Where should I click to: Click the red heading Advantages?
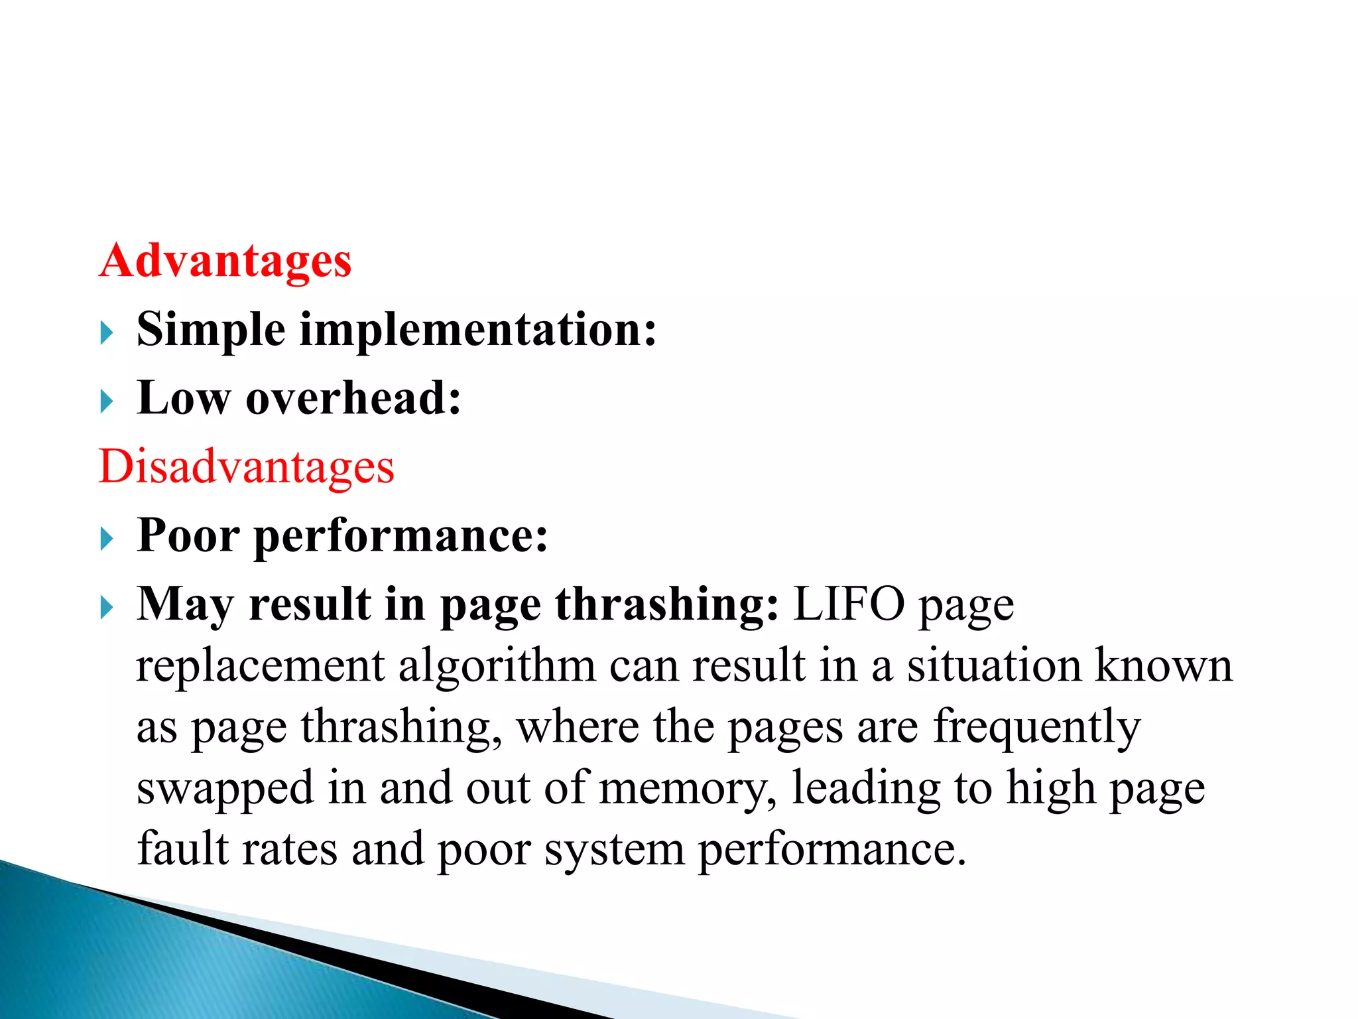pyautogui.click(x=225, y=261)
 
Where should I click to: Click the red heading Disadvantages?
pyautogui.click(x=246, y=466)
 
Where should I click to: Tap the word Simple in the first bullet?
pyautogui.click(x=210, y=330)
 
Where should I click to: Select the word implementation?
pyautogui.click(x=477, y=330)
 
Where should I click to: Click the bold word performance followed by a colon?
pyautogui.click(x=401, y=536)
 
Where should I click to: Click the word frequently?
pyautogui.click(x=1037, y=728)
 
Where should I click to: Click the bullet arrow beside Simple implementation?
pyautogui.click(x=107, y=332)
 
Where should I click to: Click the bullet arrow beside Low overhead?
pyautogui.click(x=107, y=401)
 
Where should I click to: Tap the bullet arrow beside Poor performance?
pyautogui.click(x=107, y=538)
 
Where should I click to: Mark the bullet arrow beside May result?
pyautogui.click(x=107, y=606)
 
